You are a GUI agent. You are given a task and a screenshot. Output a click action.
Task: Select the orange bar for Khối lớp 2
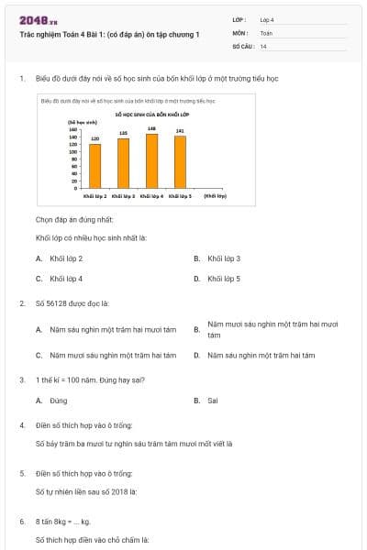point(95,166)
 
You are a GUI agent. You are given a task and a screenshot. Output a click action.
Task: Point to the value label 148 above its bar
point(152,129)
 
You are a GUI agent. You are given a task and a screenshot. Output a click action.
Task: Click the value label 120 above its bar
point(95,138)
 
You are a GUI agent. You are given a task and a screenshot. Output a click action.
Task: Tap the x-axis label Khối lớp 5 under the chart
point(182,196)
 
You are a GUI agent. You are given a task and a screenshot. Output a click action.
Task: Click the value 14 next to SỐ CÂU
point(263,46)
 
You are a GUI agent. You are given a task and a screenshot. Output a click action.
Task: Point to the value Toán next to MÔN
point(266,32)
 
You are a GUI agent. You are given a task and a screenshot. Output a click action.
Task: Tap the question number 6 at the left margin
point(21,521)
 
